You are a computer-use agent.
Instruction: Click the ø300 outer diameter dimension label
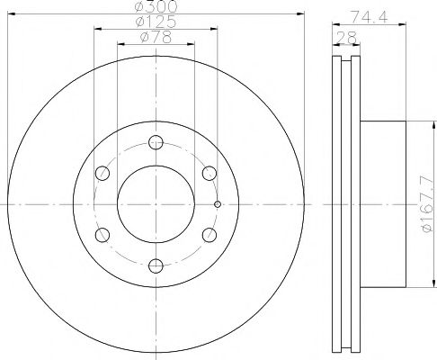(x=156, y=6)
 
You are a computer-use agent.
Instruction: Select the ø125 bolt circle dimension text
(x=156, y=22)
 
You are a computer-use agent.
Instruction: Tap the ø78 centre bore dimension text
(x=156, y=38)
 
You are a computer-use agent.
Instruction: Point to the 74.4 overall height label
(x=369, y=17)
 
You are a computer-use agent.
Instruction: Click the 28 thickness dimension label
(x=347, y=38)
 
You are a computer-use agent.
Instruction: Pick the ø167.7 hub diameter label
(x=427, y=204)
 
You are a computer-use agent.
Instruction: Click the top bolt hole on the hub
(x=156, y=142)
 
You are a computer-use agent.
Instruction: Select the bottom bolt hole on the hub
(x=156, y=265)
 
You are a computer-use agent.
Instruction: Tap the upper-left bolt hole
(x=103, y=173)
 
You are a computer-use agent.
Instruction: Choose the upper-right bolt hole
(x=210, y=173)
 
